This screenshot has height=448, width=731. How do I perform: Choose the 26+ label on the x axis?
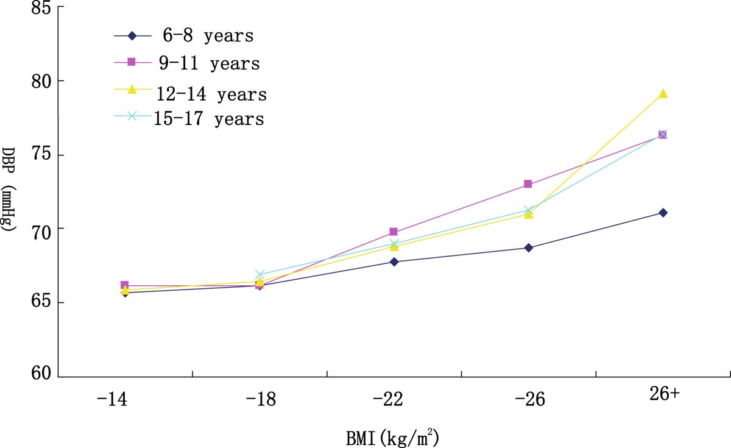(662, 395)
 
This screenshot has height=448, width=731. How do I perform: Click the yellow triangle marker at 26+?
(663, 93)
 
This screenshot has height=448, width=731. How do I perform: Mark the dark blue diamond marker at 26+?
(663, 213)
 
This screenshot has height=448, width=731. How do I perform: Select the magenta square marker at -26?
(528, 184)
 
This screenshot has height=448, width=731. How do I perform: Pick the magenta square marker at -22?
(394, 232)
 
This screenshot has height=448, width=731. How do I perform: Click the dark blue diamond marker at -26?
(528, 248)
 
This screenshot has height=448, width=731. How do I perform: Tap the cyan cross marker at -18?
(260, 275)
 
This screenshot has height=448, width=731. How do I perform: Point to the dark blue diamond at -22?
(394, 262)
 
